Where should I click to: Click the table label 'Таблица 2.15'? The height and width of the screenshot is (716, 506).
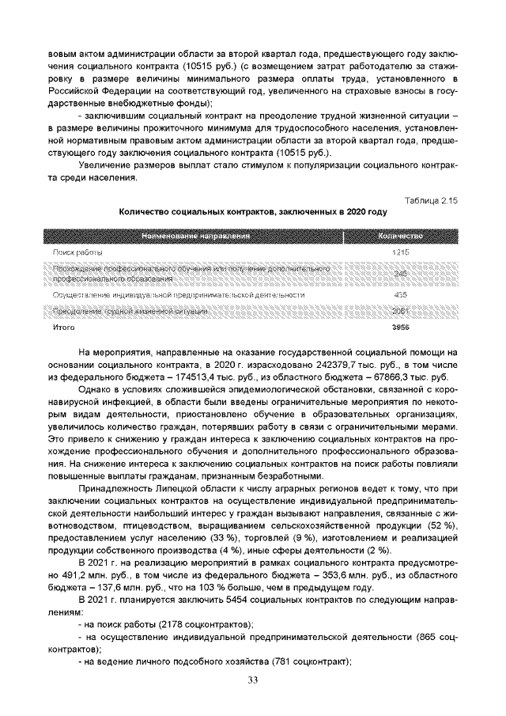[x=430, y=199]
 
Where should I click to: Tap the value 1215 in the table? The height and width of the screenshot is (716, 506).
[x=401, y=251]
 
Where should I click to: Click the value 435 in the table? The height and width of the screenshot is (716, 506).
[x=401, y=294]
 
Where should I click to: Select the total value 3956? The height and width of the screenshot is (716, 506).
[x=401, y=326]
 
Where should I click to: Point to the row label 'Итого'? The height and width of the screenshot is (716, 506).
[x=63, y=326]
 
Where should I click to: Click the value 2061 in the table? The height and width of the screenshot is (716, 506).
[x=401, y=312]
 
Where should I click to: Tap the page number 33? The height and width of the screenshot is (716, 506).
[x=253, y=680]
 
